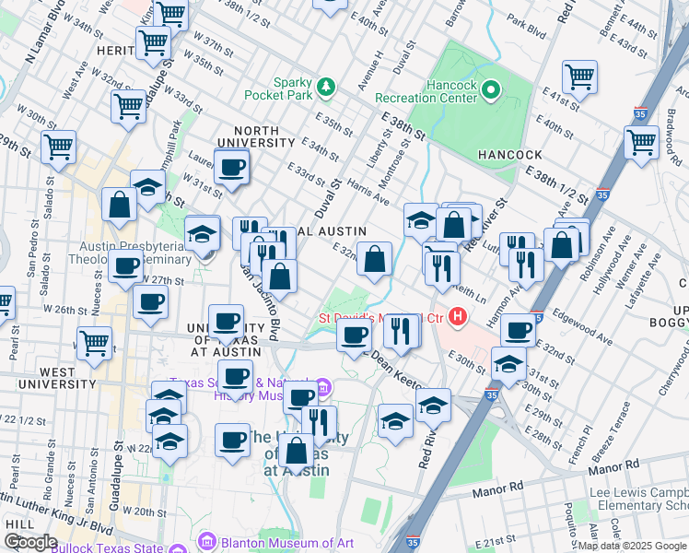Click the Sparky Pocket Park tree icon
click(x=324, y=88)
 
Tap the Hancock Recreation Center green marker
click(x=491, y=90)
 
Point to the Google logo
click(x=30, y=542)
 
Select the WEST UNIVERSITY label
click(x=48, y=383)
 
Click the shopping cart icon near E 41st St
click(x=579, y=76)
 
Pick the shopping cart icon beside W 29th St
click(x=57, y=147)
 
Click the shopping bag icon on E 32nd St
click(x=375, y=261)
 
